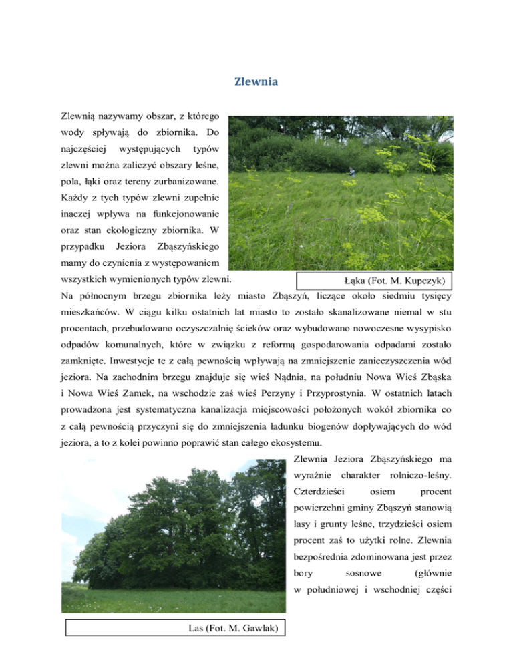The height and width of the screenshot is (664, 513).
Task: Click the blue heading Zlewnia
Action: point(256,82)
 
